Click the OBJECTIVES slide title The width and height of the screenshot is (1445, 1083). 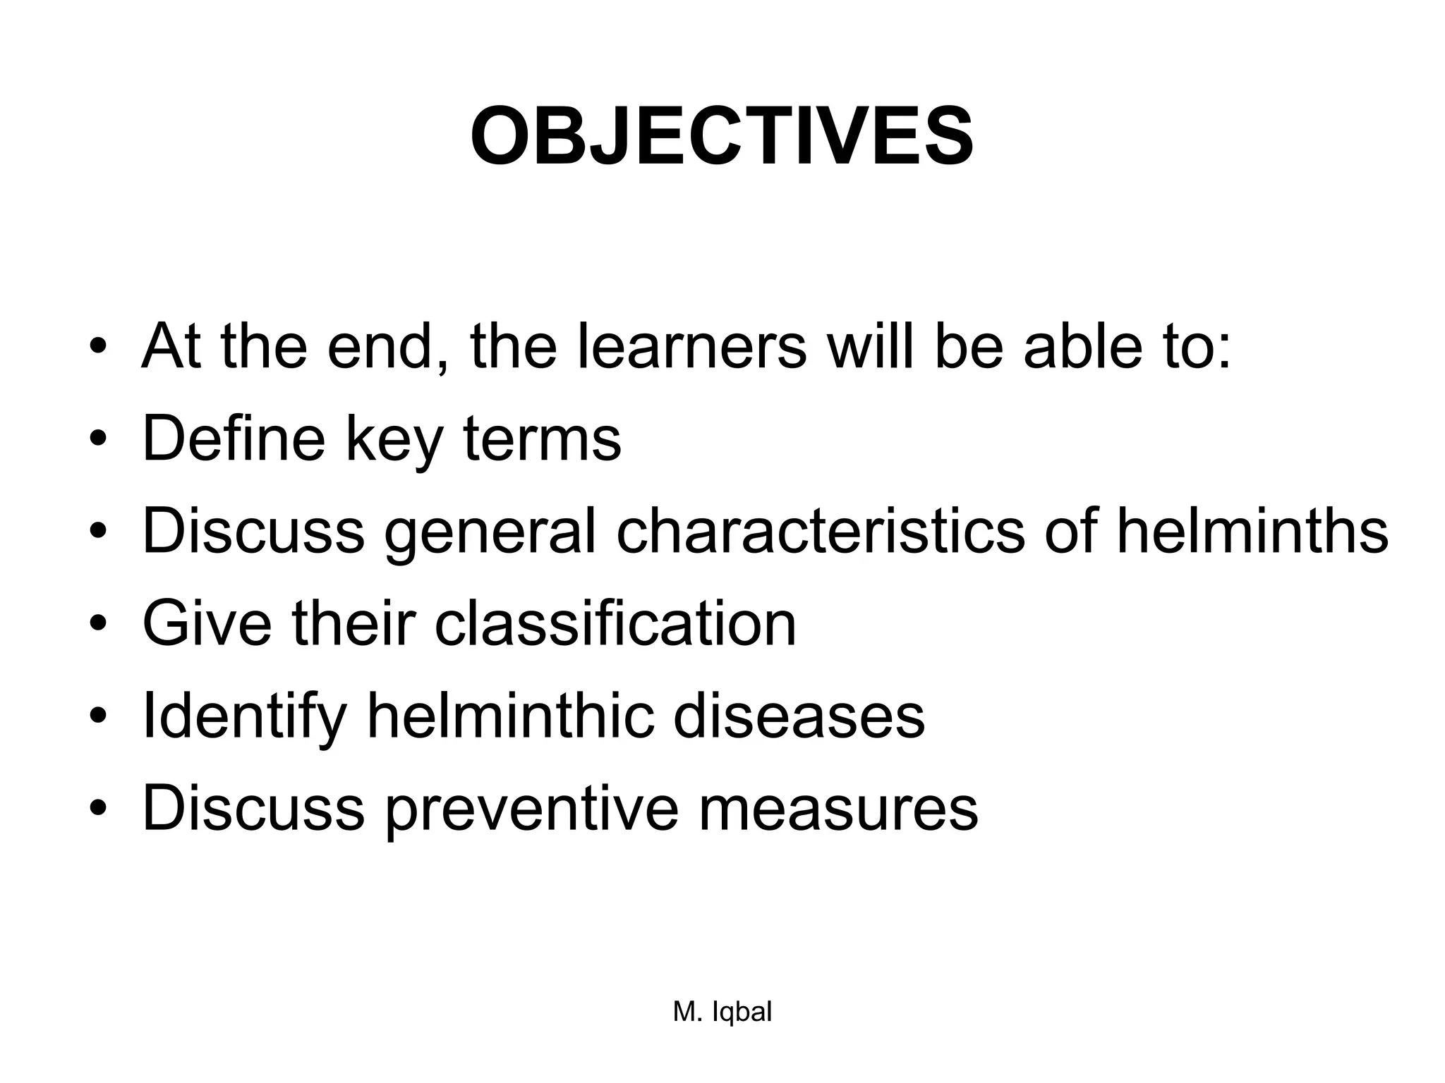(722, 137)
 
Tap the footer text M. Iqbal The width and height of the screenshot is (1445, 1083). (722, 1012)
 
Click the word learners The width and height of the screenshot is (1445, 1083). (691, 346)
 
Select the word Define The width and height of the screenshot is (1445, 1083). (234, 439)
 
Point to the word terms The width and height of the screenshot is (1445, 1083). (542, 439)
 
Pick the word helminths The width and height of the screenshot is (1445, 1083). (1252, 531)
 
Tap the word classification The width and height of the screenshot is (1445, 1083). (615, 623)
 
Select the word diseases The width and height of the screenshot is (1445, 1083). (799, 716)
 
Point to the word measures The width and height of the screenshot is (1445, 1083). (838, 808)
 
